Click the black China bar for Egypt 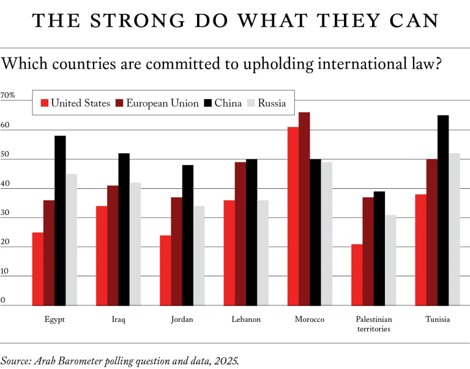(x=60, y=220)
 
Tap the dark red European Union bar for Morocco (x=304, y=208)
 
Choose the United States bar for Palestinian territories (x=357, y=274)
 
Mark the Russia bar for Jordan (x=199, y=255)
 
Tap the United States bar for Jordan (x=165, y=270)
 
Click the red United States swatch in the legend (x=43, y=103)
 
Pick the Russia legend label (x=272, y=103)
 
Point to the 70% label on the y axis (x=8, y=95)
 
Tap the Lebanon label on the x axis (x=246, y=320)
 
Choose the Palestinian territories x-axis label (x=374, y=324)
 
